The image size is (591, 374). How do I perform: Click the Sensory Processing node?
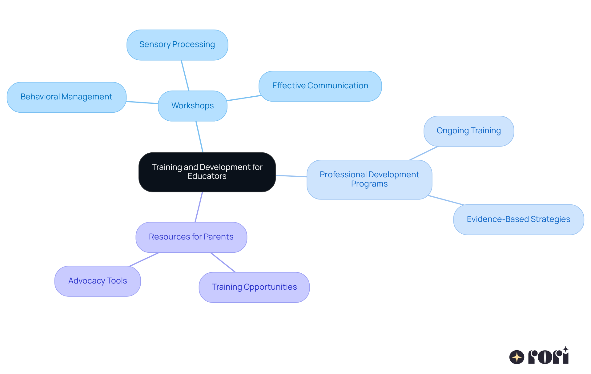pyautogui.click(x=177, y=45)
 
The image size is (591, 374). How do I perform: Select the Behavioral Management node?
pyautogui.click(x=66, y=97)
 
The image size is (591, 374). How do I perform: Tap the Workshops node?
pyautogui.click(x=193, y=106)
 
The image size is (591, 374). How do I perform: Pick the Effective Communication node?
pyautogui.click(x=320, y=86)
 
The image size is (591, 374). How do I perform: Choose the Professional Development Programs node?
pyautogui.click(x=369, y=179)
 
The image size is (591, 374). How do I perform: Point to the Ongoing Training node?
pyautogui.click(x=468, y=131)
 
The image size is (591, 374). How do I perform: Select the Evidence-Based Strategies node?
pyautogui.click(x=518, y=220)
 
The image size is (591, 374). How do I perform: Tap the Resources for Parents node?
pyautogui.click(x=191, y=237)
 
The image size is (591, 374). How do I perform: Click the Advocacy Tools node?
pyautogui.click(x=98, y=281)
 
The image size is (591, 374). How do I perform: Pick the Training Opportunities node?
pyautogui.click(x=254, y=288)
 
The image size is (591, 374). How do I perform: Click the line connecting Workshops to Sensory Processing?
pyautogui.click(x=185, y=75)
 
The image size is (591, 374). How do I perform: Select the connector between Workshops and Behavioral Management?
pyautogui.click(x=142, y=103)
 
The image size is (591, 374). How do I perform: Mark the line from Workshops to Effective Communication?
pyautogui.click(x=244, y=98)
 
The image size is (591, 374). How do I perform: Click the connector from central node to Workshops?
pyautogui.click(x=199, y=137)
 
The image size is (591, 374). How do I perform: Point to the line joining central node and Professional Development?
pyautogui.click(x=291, y=176)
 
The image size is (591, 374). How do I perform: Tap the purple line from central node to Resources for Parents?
pyautogui.click(x=199, y=207)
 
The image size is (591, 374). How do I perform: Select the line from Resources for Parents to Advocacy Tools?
pyautogui.click(x=144, y=259)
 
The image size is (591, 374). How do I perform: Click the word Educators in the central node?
pyautogui.click(x=207, y=176)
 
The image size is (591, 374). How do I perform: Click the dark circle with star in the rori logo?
pyautogui.click(x=517, y=357)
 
